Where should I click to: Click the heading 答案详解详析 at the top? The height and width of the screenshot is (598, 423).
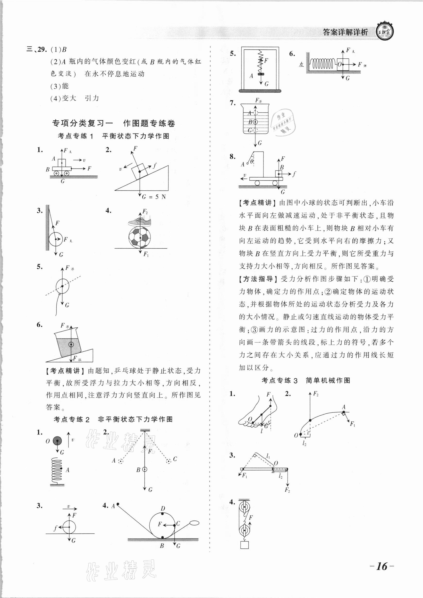(345, 32)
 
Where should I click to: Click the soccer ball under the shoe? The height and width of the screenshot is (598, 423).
(139, 237)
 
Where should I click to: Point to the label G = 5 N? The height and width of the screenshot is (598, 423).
(154, 197)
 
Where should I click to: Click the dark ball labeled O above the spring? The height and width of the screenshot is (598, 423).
(57, 441)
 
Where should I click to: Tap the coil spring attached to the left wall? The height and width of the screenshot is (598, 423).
(322, 64)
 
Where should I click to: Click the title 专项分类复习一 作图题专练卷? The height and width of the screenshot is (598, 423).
(114, 123)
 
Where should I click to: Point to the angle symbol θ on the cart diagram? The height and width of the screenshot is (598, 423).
(252, 162)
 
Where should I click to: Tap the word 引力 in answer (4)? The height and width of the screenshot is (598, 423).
(92, 98)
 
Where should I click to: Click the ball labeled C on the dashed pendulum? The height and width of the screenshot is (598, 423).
(169, 469)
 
